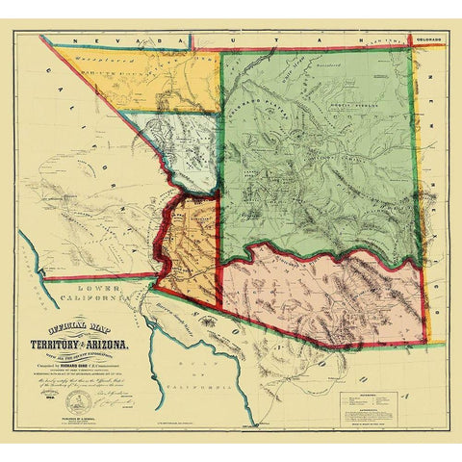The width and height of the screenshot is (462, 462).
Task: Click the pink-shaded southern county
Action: [x=327, y=298]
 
